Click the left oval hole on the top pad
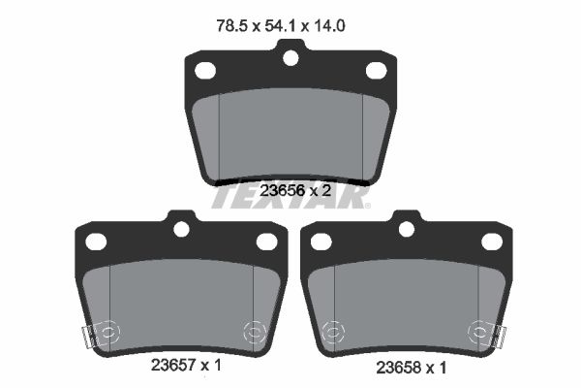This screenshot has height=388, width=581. coord(205,70)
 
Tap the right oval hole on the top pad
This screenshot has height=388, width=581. coord(377,70)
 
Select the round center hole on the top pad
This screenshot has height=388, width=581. coord(290,58)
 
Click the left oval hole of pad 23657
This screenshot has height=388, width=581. coord(95,242)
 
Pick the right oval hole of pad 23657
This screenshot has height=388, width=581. coord(266,242)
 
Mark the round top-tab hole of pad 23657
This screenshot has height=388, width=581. coord(180,230)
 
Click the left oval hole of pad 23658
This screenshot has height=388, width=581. coord(321,242)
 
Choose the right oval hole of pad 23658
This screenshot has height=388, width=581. coord(492,242)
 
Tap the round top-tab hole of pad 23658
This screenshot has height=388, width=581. coord(407,230)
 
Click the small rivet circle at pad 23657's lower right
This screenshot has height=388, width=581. coord(255,331)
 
